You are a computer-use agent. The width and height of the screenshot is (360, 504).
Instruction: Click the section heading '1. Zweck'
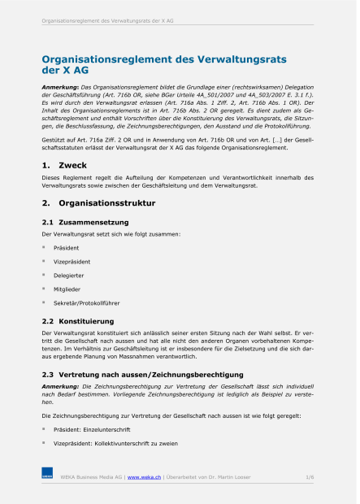[x=65, y=165]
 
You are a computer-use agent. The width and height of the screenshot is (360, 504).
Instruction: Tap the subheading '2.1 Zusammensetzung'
[x=85, y=221]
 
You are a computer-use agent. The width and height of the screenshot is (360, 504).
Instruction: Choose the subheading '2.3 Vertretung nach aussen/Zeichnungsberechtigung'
[x=137, y=374]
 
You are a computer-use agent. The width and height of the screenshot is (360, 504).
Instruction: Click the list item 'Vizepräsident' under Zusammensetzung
[x=72, y=262]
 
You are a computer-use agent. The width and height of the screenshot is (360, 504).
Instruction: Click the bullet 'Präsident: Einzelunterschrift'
[x=92, y=429]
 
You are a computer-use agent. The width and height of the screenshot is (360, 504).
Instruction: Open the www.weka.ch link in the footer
[x=144, y=476]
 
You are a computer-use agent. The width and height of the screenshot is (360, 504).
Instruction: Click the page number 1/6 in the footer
[x=310, y=476]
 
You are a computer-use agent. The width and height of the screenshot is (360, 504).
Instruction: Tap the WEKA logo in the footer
[x=47, y=475]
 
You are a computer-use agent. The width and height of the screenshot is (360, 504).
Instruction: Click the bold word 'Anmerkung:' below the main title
[x=60, y=86]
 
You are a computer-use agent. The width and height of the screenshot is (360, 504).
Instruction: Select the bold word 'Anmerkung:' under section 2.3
[x=60, y=386]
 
